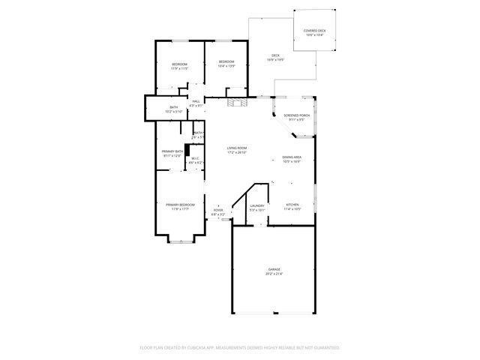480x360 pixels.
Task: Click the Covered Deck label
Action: [x=314, y=31]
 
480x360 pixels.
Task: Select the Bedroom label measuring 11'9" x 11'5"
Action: [x=178, y=64]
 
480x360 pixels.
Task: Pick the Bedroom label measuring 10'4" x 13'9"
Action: [x=226, y=63]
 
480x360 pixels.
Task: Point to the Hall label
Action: [x=196, y=103]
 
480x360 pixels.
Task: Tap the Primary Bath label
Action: [x=172, y=153]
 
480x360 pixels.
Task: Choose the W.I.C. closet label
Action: [x=193, y=160]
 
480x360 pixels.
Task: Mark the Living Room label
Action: [x=237, y=150]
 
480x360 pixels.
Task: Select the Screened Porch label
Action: [x=293, y=117]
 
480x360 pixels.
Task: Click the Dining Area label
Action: [x=292, y=158]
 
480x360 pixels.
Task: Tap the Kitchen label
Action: [x=292, y=206]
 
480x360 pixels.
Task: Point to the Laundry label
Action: [x=257, y=208]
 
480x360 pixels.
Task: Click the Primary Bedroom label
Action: [x=180, y=206]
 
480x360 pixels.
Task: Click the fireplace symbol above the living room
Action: [x=237, y=103]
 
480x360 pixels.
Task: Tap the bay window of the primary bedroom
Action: [x=180, y=241]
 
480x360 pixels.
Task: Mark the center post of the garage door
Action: [x=274, y=313]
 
